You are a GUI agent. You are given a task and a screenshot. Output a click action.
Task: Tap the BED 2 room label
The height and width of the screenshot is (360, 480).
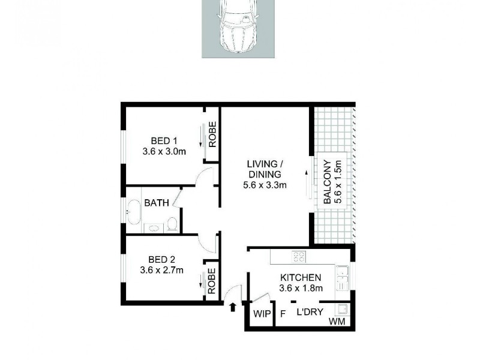[161, 259]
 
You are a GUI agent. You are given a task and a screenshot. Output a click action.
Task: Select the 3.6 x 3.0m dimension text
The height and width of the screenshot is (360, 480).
[164, 151]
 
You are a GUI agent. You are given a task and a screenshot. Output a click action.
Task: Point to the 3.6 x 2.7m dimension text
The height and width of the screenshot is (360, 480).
[162, 270]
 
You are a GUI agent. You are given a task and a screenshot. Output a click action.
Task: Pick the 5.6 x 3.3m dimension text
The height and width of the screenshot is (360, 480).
[265, 185]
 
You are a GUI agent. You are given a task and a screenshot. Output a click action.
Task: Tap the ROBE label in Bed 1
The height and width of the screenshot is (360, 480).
[212, 134]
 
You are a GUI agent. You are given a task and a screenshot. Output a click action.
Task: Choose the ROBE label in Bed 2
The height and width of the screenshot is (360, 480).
[212, 280]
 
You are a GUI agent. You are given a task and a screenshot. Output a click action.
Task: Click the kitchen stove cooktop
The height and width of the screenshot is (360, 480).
[298, 257]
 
